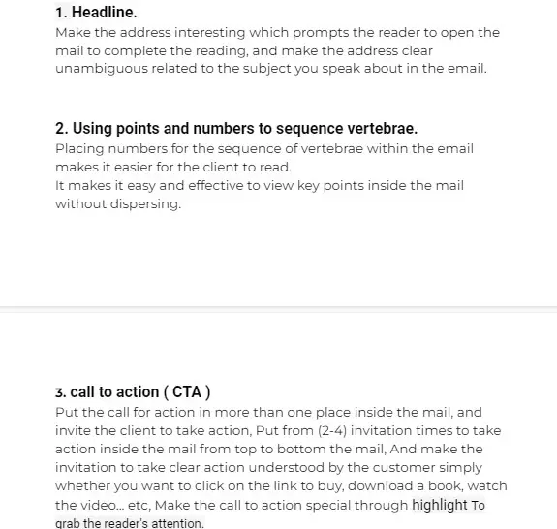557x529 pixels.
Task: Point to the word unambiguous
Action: pyautogui.click(x=101, y=68)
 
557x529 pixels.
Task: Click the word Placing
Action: pyautogui.click(x=80, y=148)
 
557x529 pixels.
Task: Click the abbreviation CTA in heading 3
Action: pyautogui.click(x=186, y=391)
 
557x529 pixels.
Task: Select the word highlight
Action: pyautogui.click(x=439, y=505)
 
